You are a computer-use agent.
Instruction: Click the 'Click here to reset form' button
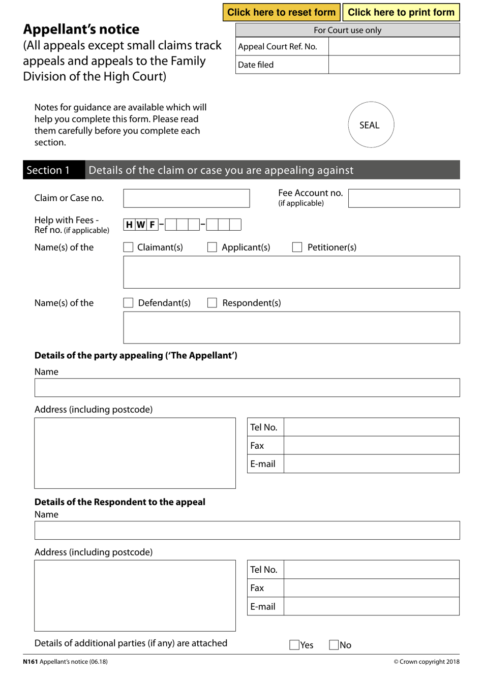click(x=281, y=12)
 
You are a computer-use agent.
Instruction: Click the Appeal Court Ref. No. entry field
click(x=394, y=46)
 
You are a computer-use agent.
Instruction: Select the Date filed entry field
click(x=394, y=65)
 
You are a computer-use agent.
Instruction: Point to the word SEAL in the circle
click(x=370, y=125)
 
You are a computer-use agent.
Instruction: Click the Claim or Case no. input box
click(x=186, y=198)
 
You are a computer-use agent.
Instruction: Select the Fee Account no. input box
click(x=404, y=198)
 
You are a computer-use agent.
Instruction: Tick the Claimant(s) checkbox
click(x=129, y=247)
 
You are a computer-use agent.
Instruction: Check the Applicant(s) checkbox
click(x=213, y=247)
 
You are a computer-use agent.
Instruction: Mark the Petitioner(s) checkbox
click(x=297, y=247)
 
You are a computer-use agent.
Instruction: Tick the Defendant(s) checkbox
click(x=129, y=303)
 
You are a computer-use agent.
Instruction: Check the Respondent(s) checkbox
click(x=213, y=303)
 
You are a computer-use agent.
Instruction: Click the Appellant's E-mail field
click(x=371, y=464)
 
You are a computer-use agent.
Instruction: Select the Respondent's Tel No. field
click(x=371, y=570)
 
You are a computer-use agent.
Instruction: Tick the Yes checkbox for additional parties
click(x=294, y=645)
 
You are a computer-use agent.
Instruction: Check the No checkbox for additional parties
click(x=334, y=645)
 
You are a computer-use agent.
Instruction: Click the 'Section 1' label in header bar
click(x=48, y=170)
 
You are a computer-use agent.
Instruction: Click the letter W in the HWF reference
click(x=141, y=225)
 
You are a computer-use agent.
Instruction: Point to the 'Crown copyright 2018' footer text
click(x=427, y=662)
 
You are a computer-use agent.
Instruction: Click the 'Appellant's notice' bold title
click(x=81, y=29)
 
